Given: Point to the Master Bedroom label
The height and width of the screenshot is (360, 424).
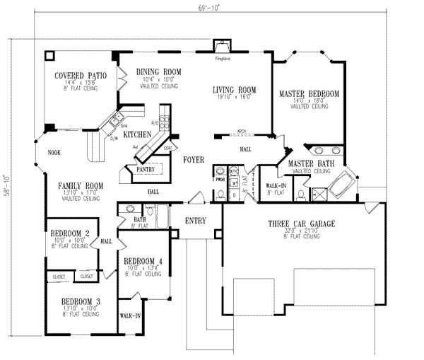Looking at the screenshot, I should point(309,93).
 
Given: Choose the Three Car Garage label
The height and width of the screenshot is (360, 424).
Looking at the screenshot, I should point(301,224).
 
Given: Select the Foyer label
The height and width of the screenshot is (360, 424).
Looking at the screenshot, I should point(194,160).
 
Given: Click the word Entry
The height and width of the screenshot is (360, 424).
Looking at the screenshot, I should point(196,221).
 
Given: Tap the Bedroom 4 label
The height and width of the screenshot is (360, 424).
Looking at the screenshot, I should point(143,261).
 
